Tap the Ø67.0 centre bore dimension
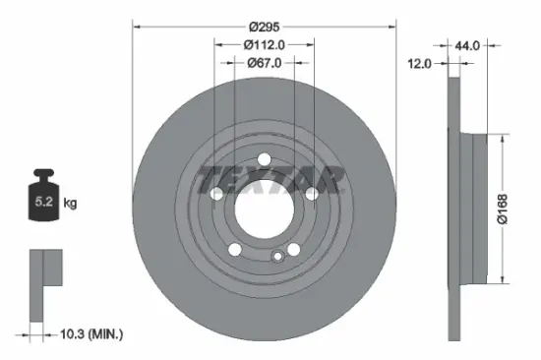(x=264, y=63)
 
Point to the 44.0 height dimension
(x=467, y=44)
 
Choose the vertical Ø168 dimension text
(x=503, y=209)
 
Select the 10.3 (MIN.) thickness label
(x=90, y=336)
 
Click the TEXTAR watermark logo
(x=270, y=180)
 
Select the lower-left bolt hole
(x=234, y=251)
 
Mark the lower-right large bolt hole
(x=294, y=251)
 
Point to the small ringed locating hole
(x=278, y=258)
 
